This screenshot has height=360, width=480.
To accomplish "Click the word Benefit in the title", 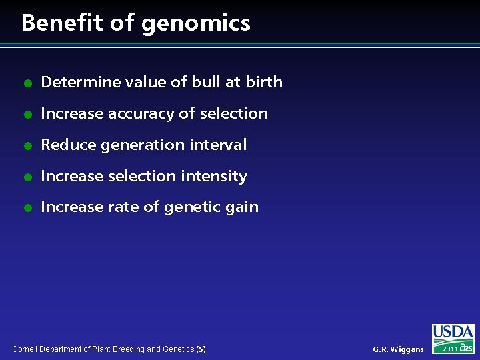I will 63,23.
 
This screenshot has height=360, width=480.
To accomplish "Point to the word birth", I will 263,82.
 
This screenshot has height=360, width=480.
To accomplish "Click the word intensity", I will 218,177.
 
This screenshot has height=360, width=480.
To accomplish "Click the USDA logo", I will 453,333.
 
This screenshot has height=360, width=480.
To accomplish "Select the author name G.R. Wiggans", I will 398,349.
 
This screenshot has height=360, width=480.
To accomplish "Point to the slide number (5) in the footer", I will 201,349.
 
